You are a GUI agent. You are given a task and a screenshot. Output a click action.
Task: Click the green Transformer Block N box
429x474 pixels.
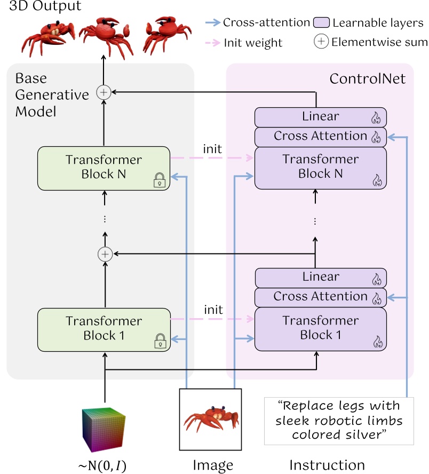(104, 168)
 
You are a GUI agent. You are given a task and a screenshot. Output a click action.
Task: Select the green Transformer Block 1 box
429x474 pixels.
(104, 329)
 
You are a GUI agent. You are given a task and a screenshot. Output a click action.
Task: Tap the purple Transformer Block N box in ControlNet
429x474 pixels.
(320, 167)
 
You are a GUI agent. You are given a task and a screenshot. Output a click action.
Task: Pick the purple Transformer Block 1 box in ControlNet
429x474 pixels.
(320, 328)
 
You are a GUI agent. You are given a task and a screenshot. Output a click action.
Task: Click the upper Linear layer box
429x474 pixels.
(320, 116)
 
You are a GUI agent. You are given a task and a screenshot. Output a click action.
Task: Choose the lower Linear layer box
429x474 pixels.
(320, 277)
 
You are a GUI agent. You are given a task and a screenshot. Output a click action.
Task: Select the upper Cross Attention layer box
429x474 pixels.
(320, 136)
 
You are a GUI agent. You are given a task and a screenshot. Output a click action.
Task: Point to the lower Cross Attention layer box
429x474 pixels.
(320, 296)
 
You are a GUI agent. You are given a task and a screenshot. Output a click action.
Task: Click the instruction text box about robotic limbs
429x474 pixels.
(339, 421)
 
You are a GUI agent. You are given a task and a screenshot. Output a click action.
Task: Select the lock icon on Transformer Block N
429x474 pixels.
(159, 181)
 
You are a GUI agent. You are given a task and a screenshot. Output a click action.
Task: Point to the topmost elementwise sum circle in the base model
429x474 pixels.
(104, 92)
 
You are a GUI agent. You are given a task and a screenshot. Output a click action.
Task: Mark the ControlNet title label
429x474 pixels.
(367, 79)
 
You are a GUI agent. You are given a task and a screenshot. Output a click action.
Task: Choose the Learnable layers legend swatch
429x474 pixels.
(321, 23)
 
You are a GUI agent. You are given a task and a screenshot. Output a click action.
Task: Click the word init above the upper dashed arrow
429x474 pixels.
(213, 148)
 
